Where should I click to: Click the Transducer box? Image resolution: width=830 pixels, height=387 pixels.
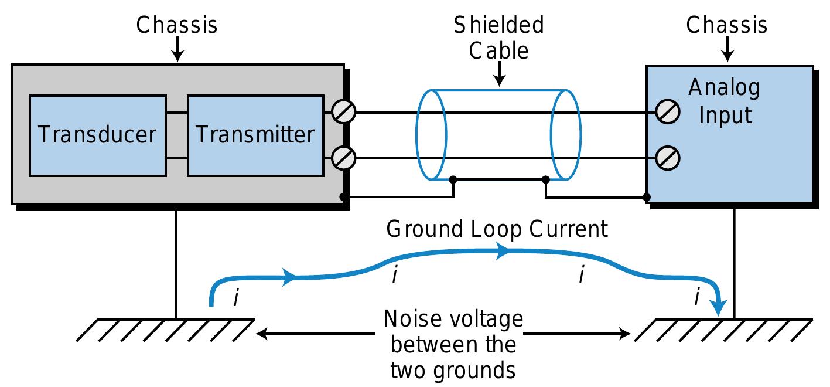point(97,135)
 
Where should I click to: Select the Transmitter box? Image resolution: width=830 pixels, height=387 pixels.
point(255,135)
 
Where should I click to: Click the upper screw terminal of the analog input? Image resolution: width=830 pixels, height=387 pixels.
point(668,111)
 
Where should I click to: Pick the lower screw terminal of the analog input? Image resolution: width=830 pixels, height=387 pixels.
point(668,158)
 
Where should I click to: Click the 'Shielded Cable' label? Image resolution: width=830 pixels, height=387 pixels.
point(499,38)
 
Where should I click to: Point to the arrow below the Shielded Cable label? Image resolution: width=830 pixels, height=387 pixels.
point(499,75)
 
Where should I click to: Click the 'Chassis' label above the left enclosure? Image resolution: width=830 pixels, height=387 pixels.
point(177,25)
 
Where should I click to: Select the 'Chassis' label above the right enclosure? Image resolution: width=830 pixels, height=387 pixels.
point(727,25)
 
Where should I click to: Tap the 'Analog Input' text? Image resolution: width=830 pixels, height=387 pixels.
point(724,100)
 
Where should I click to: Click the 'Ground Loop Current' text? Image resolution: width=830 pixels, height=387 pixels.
point(497,229)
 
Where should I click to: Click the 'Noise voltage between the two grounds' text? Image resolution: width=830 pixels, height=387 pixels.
point(452,345)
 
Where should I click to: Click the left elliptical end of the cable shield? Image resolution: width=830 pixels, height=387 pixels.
point(431,135)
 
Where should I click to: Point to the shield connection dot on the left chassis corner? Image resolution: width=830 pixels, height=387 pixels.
point(343,197)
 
